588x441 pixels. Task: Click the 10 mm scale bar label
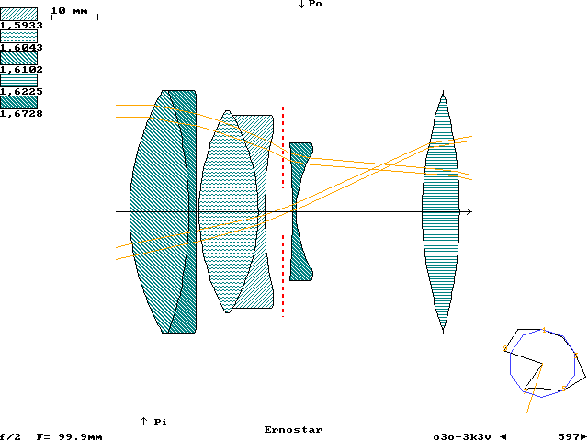tap(70, 10)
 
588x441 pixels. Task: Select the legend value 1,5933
tap(19, 26)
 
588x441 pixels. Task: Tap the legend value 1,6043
tap(19, 48)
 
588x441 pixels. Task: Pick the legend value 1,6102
tap(19, 70)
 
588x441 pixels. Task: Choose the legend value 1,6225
tap(19, 92)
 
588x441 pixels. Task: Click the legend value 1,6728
tap(19, 114)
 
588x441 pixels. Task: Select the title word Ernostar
tap(293, 430)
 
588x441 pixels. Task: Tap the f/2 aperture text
tap(10, 436)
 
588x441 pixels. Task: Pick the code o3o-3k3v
tap(464, 436)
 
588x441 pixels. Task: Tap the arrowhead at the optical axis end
tap(469, 212)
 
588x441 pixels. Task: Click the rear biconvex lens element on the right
tap(440, 211)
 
